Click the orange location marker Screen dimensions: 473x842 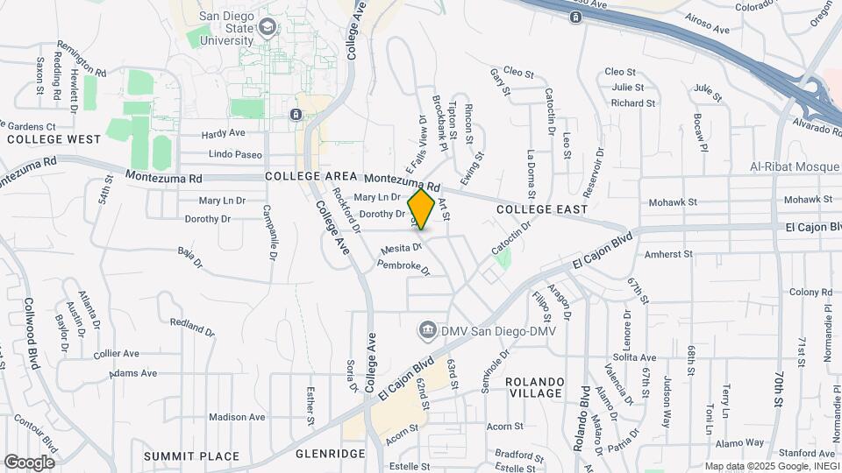tap(422, 209)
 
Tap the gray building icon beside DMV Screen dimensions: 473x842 tap(427, 329)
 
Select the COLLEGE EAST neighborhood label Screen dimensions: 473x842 tap(541, 209)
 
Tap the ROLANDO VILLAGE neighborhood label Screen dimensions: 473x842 tap(534, 387)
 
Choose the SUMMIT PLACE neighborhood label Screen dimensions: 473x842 tap(191, 455)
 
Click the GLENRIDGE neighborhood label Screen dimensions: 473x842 tap(330, 454)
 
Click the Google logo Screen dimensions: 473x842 tap(29, 462)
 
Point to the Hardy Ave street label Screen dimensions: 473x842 tap(223, 134)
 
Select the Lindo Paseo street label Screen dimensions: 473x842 tap(236, 154)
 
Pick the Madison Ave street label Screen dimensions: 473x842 tap(237, 417)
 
